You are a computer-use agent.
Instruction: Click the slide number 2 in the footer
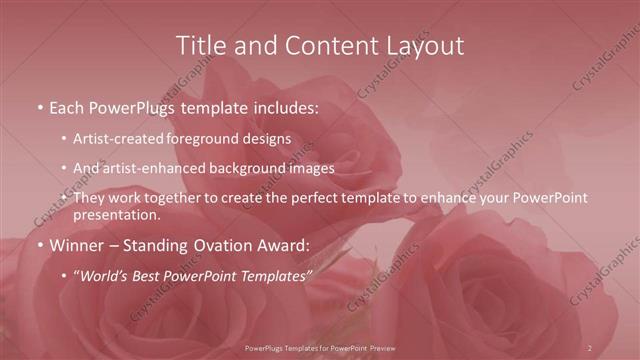pyautogui.click(x=590, y=348)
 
